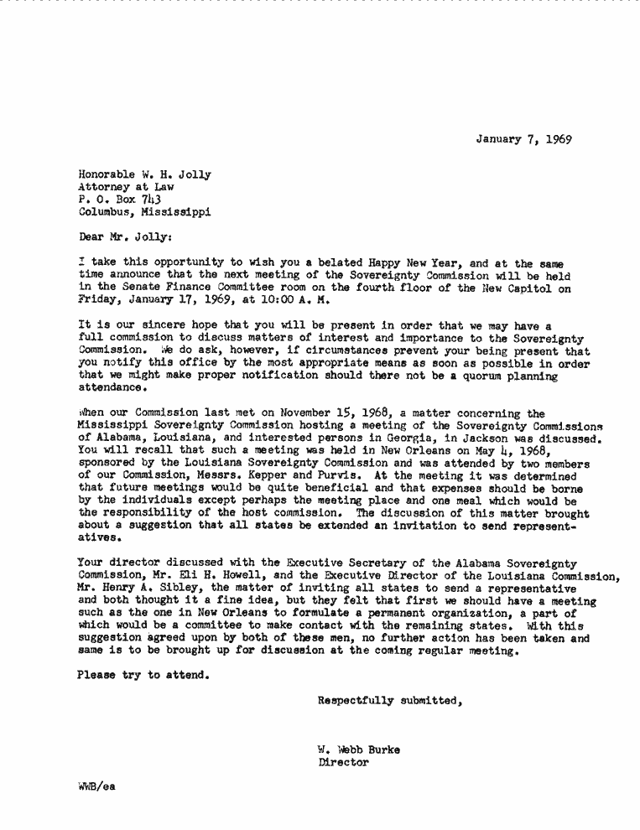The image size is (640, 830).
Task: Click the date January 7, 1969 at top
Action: (523, 139)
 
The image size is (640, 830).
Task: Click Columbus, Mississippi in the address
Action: (143, 213)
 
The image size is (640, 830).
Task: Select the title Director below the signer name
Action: (343, 763)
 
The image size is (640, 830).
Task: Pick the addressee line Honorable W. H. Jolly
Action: (143, 175)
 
